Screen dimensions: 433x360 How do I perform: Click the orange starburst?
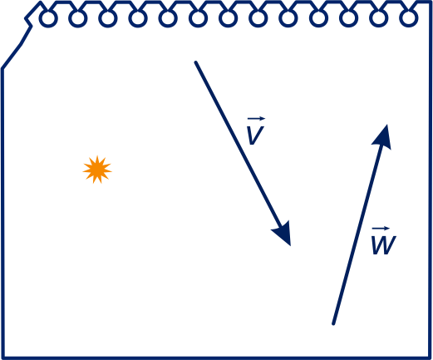click(x=97, y=170)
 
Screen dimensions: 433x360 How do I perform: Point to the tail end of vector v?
click(x=195, y=62)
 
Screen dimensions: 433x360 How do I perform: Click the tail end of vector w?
click(x=333, y=323)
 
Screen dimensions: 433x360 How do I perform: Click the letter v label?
click(x=255, y=136)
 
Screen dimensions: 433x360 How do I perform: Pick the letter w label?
click(x=384, y=245)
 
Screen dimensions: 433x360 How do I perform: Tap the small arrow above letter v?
click(x=256, y=119)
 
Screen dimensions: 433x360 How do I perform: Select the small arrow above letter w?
click(x=381, y=229)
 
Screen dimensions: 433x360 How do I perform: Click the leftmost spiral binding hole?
click(x=48, y=18)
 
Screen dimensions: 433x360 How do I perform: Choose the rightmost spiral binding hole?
click(x=409, y=18)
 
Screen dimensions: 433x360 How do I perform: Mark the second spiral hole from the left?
click(x=78, y=18)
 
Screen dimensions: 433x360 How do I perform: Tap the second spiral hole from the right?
click(x=379, y=18)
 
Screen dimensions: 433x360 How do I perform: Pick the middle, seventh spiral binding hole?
click(x=228, y=18)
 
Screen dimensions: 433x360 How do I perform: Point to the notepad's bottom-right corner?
click(x=430, y=358)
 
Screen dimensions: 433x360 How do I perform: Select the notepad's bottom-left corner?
click(x=3, y=358)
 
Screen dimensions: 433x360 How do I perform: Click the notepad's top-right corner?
click(x=430, y=2)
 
